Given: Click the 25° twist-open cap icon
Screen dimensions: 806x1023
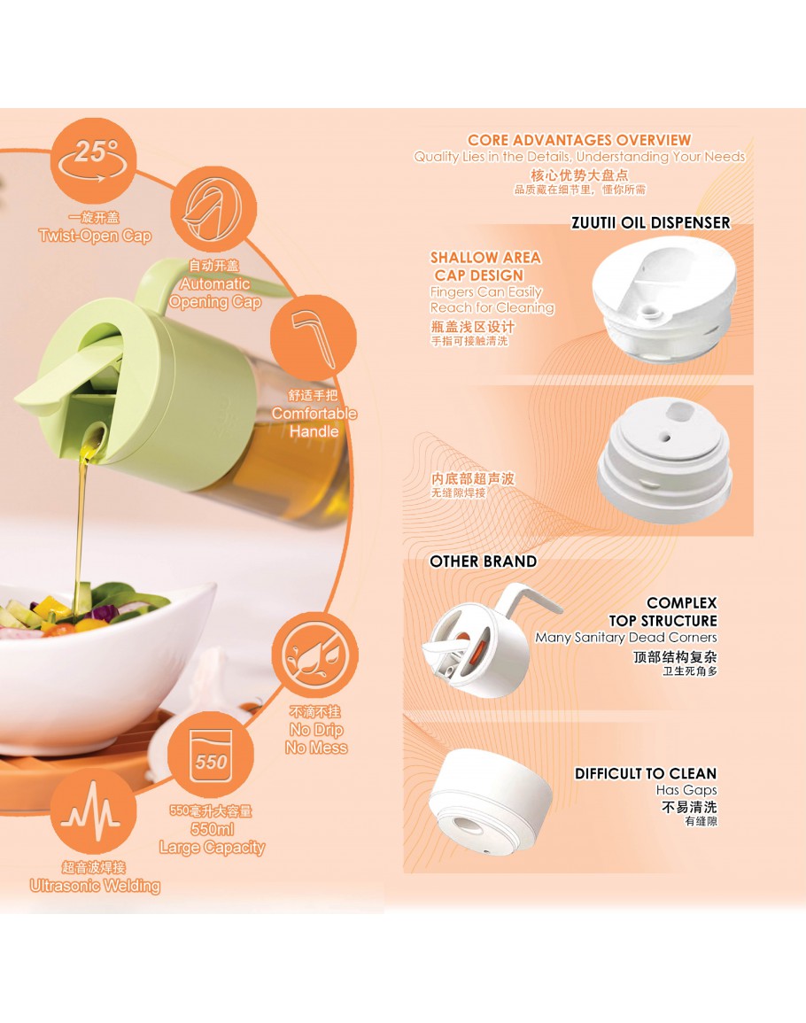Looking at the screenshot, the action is pos(93,160).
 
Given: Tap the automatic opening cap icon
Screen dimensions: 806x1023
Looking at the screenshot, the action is pos(213,209).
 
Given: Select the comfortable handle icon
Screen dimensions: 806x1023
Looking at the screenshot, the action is pos(314,338).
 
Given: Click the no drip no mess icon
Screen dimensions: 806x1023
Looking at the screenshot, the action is pos(314,655).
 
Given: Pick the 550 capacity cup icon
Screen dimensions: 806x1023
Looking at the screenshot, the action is pos(211,755).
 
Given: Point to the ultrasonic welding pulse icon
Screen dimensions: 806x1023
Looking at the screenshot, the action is pos(93,811).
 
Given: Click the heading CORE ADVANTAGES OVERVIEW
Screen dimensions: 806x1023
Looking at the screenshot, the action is pos(579,140).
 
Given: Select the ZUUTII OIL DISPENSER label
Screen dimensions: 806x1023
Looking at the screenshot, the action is pos(651,223).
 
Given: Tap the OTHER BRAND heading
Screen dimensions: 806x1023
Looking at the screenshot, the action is pos(483,562).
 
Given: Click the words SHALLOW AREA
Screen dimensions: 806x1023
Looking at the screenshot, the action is pos(485,258).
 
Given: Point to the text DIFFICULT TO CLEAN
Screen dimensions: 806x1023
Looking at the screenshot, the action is pos(646,774).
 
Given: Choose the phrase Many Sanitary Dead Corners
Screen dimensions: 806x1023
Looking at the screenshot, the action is pos(626,638).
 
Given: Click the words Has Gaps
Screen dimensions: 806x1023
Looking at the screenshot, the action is pos(686,790).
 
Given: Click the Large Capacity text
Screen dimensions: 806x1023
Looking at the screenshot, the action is pos(212,848).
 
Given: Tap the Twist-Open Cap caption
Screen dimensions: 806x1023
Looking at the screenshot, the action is pos(95,236).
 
